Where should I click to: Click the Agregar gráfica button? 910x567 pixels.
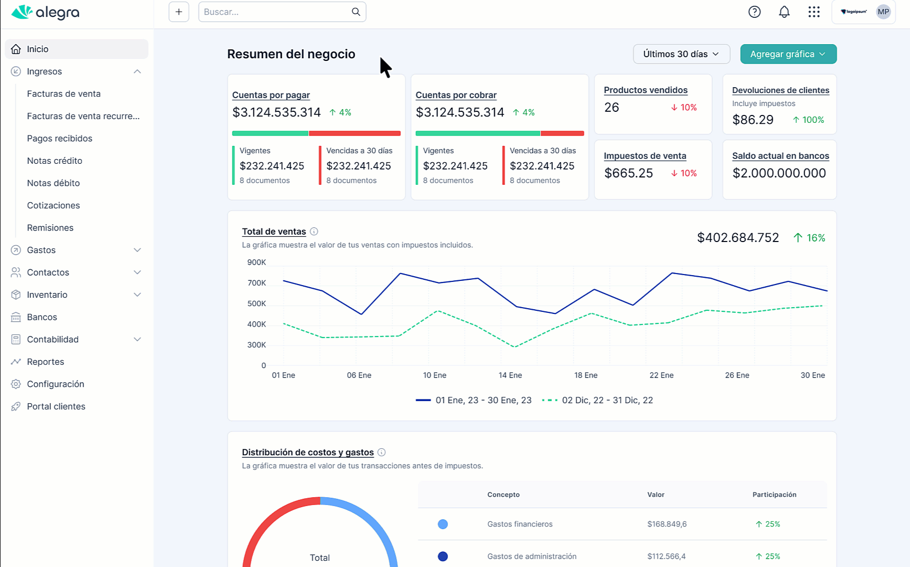point(788,54)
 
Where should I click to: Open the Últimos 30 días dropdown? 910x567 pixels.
point(681,54)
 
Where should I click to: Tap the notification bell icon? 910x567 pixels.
point(784,12)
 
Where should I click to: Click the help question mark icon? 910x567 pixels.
point(754,12)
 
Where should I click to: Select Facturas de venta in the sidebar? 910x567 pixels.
point(64,94)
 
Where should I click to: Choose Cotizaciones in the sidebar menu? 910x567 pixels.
point(53,206)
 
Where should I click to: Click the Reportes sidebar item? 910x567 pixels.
point(46,362)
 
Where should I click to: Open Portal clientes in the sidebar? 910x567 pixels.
point(56,406)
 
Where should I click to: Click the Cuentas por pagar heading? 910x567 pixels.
point(271,95)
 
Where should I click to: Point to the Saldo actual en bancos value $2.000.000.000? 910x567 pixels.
point(779,173)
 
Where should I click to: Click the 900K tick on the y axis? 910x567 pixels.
point(256,262)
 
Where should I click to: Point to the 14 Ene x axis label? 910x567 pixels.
point(510,375)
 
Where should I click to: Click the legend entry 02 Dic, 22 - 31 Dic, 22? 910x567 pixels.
point(597,400)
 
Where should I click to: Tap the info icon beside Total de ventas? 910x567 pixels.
point(314,232)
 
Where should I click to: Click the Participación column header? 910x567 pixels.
point(774,495)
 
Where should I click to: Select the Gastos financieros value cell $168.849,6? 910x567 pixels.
point(667,524)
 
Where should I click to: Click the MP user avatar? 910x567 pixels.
point(883,12)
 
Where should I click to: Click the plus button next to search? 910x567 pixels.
point(179,12)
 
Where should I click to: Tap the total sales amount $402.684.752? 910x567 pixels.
point(738,238)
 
